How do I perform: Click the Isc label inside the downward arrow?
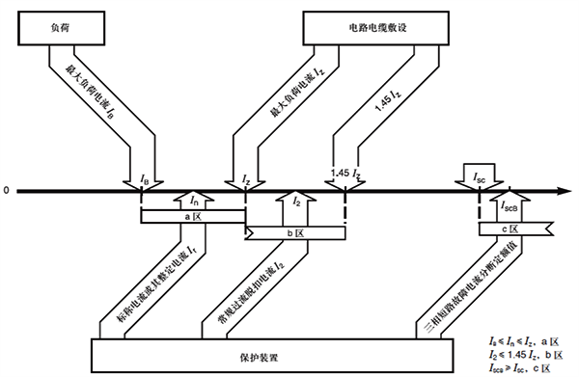pyautogui.click(x=480, y=177)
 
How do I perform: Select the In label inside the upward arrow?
pyautogui.click(x=194, y=202)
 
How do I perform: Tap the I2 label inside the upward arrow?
pyautogui.click(x=296, y=203)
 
